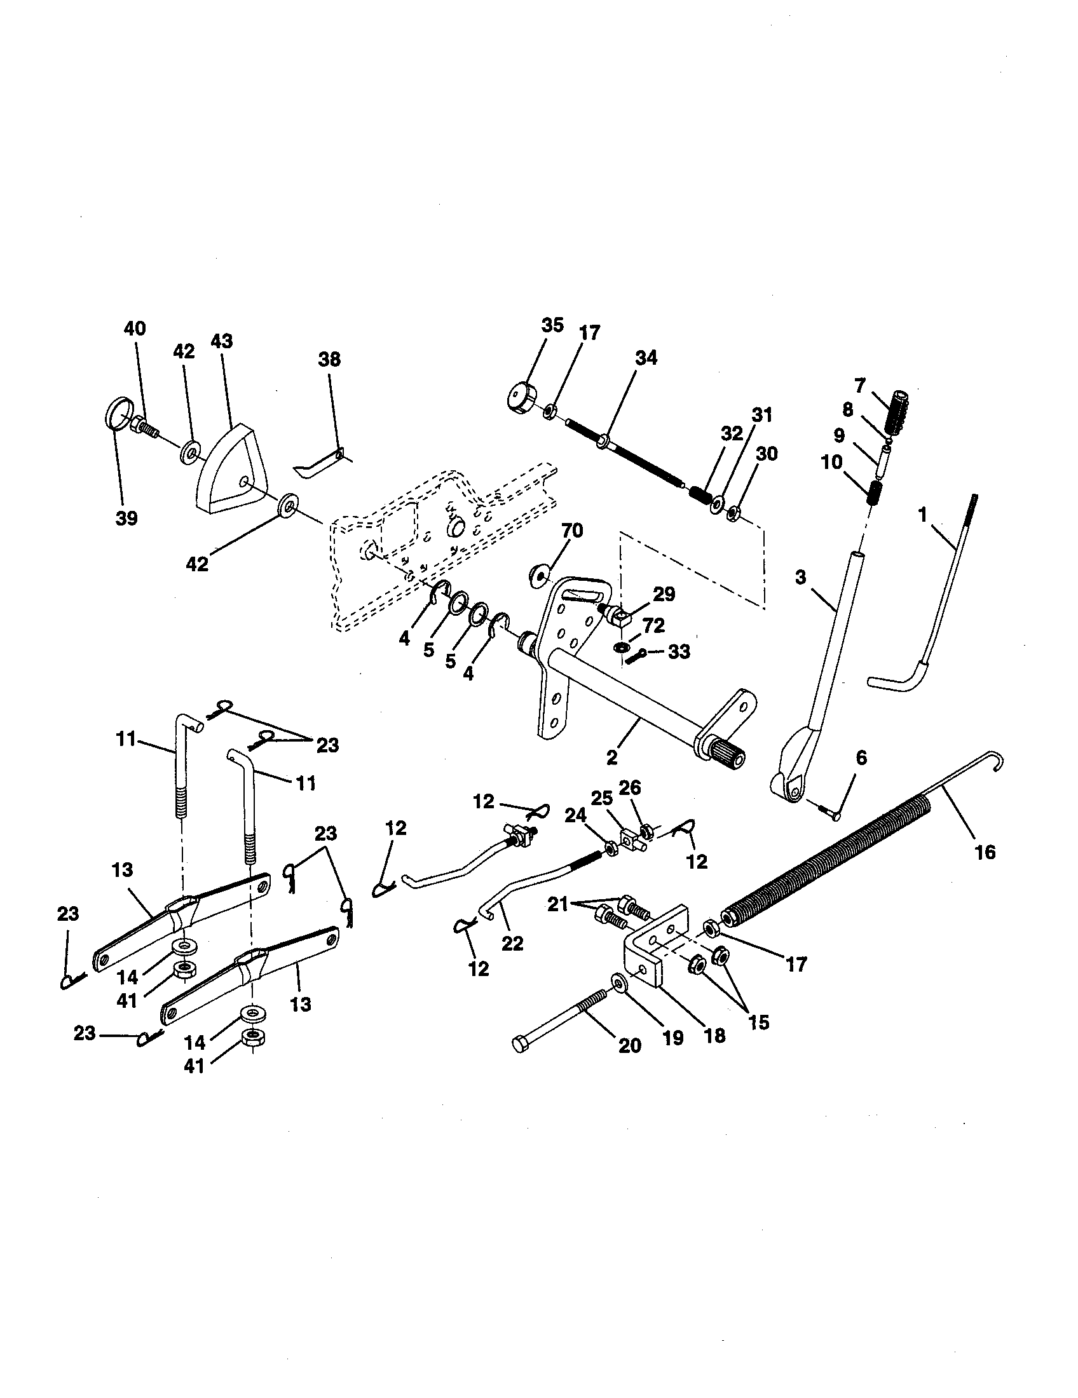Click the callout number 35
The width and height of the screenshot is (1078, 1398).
(552, 325)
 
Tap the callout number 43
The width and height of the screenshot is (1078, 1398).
(221, 341)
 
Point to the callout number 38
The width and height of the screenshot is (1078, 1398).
(330, 360)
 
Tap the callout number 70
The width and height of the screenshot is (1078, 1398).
(571, 531)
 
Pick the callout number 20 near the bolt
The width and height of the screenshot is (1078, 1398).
(630, 1045)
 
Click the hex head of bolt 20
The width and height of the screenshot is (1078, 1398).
(520, 1045)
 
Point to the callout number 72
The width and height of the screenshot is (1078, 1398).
(653, 625)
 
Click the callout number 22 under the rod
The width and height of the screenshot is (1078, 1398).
(512, 943)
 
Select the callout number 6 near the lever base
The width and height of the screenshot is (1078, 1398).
(861, 758)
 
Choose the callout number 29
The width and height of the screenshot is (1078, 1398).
(663, 594)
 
